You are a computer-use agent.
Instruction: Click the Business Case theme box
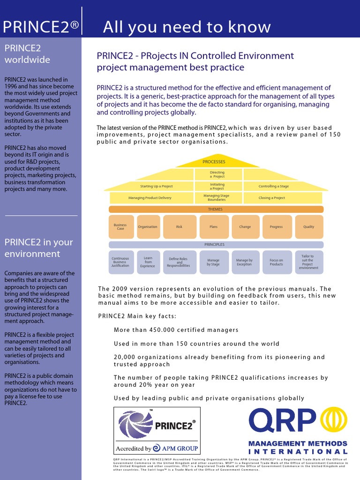point(120,227)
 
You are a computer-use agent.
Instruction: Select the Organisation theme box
point(148,227)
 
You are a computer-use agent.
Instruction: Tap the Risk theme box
point(179,227)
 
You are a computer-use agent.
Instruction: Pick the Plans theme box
point(213,227)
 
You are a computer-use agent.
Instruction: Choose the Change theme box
point(245,227)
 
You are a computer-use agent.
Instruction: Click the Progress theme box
point(277,227)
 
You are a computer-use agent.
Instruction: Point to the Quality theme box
point(309,227)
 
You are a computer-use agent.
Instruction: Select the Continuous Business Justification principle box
point(120,262)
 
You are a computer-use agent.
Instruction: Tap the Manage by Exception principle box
point(244,262)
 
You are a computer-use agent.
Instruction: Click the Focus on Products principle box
point(277,262)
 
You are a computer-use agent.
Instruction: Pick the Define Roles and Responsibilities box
point(179,262)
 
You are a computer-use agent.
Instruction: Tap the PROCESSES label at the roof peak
point(214,162)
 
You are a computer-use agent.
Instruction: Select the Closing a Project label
point(272,198)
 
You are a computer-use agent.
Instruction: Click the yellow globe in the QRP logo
point(334,420)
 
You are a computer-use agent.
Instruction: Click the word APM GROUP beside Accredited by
point(180,448)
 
